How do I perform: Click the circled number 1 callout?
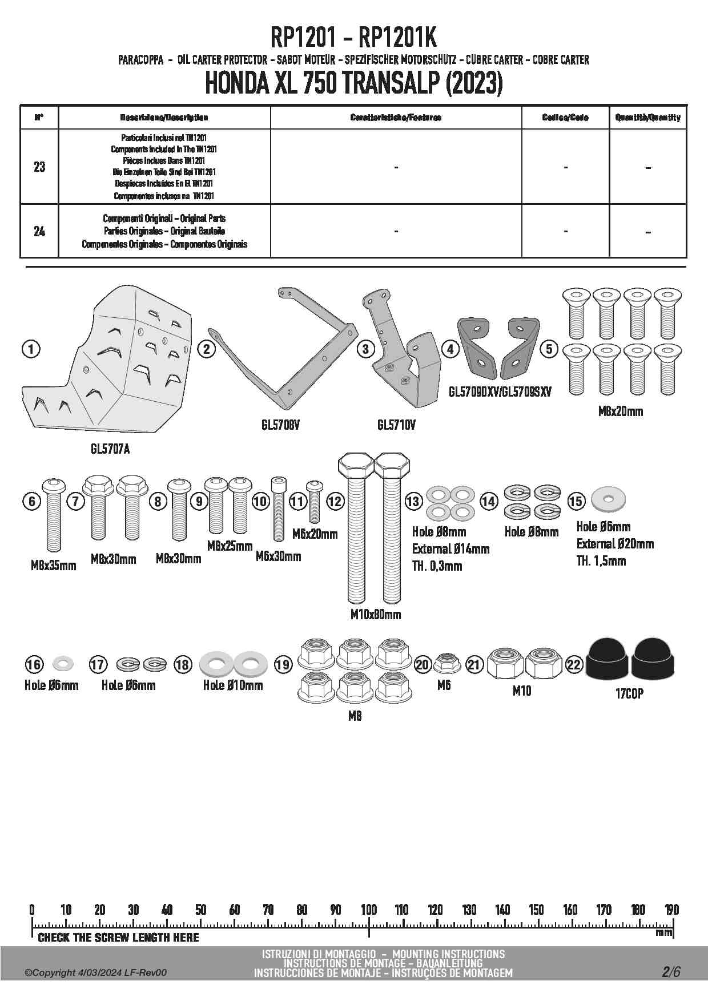[x=31, y=349]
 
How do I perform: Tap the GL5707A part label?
[x=110, y=449]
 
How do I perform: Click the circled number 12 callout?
[x=335, y=502]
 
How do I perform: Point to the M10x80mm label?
[x=375, y=615]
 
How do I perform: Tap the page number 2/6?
[x=671, y=971]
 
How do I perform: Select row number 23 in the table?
[x=39, y=167]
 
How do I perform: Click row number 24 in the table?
[x=39, y=232]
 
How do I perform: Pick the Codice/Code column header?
[x=565, y=118]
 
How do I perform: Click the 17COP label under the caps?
[x=629, y=693]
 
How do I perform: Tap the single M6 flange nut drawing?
[x=444, y=663]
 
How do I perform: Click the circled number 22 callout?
[x=574, y=664]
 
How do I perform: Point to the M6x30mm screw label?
[x=278, y=556]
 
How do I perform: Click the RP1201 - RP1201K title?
[x=353, y=39]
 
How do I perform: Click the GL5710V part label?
[x=396, y=425]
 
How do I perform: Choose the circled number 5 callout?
[x=549, y=349]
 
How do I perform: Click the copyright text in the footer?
[x=96, y=972]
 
